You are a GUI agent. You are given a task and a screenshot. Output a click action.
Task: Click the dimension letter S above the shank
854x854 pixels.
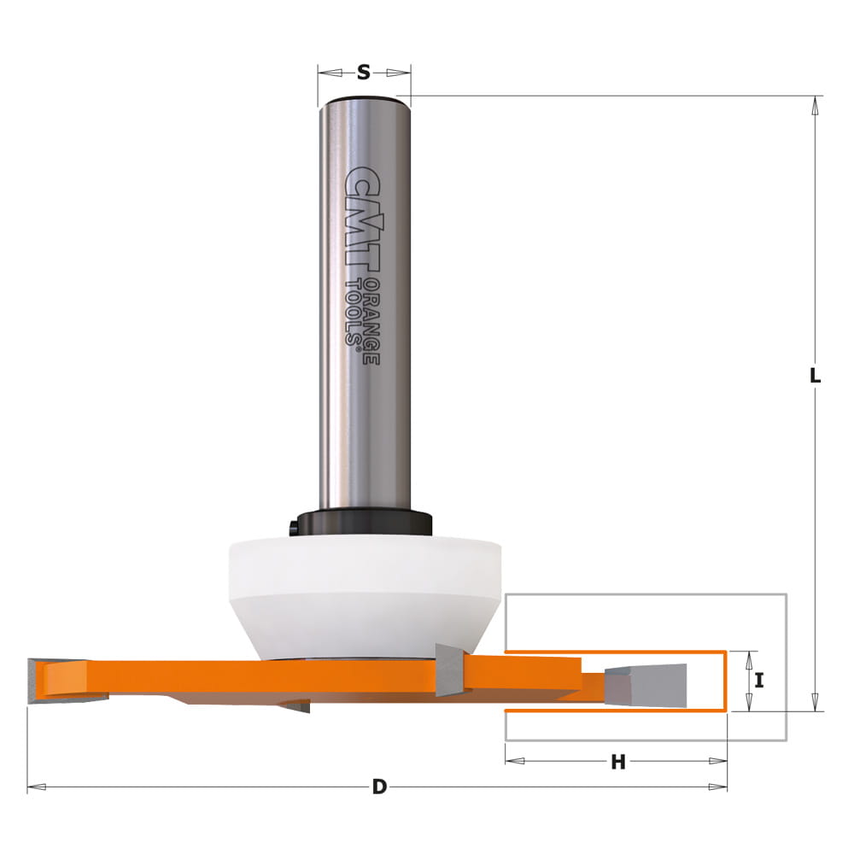(x=363, y=72)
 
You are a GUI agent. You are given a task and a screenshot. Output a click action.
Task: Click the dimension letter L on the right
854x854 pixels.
(x=815, y=375)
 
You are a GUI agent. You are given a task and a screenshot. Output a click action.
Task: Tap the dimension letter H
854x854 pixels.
(x=617, y=762)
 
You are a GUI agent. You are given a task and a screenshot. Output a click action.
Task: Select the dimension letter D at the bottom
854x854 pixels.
(x=379, y=787)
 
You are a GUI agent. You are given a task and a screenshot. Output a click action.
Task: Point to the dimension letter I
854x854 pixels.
(x=759, y=680)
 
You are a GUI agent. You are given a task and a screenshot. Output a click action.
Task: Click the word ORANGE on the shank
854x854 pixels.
(x=371, y=321)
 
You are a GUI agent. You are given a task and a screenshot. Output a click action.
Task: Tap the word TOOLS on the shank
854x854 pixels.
(x=354, y=313)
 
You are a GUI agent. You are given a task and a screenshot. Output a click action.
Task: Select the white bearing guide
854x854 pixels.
(x=365, y=597)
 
